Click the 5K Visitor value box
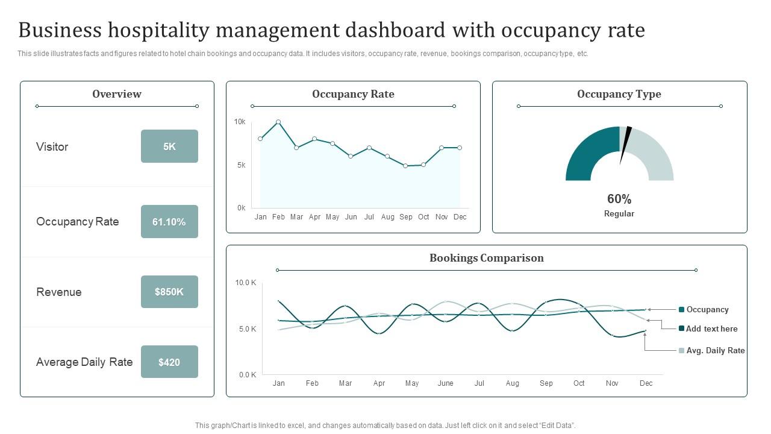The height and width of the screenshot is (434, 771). [169, 146]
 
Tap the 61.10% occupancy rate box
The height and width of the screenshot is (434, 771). [169, 222]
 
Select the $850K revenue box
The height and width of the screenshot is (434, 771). [169, 292]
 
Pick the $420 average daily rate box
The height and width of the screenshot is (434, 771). [169, 362]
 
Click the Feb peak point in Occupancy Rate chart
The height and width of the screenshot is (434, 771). [278, 122]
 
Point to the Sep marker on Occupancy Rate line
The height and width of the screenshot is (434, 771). [405, 166]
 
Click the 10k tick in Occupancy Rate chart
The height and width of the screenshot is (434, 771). [240, 122]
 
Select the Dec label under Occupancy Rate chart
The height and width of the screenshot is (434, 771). [460, 217]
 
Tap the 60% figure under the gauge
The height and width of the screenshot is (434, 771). [619, 199]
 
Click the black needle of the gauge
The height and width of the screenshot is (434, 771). [625, 143]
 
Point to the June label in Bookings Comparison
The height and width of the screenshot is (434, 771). [445, 383]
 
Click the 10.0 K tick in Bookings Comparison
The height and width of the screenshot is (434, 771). [246, 283]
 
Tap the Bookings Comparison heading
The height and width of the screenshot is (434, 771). [487, 258]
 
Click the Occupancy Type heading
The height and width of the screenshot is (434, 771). [619, 94]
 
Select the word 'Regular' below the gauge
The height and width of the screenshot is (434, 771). [619, 214]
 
